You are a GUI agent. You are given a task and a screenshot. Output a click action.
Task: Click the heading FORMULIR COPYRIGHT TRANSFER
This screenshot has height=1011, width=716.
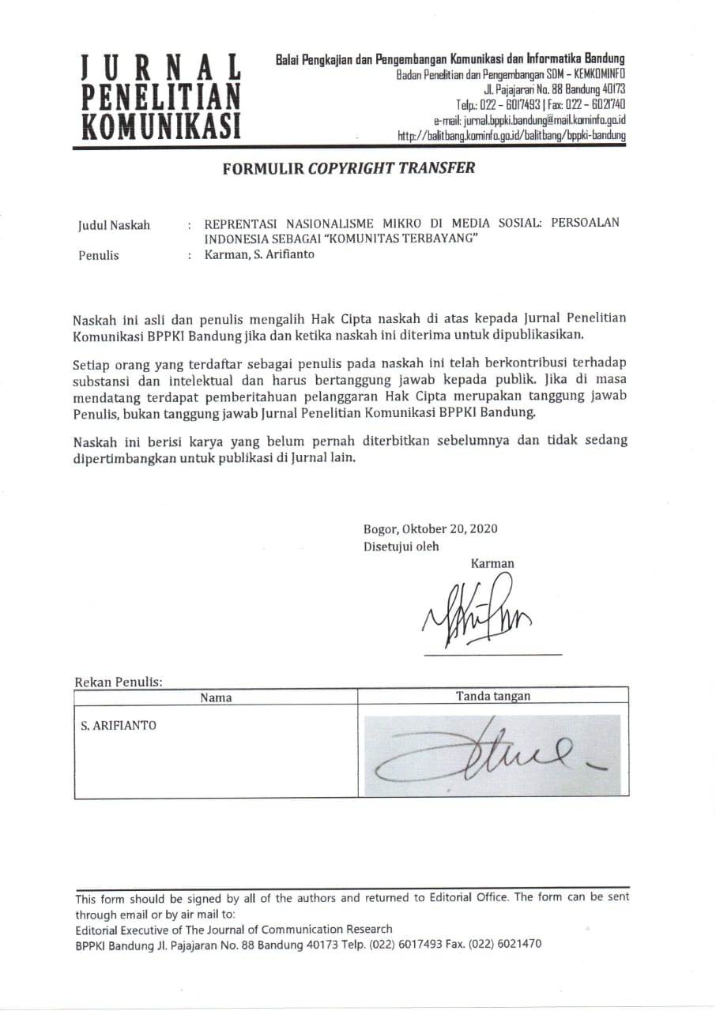(x=349, y=167)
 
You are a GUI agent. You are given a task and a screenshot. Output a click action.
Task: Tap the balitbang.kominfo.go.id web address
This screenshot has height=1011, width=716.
(x=512, y=135)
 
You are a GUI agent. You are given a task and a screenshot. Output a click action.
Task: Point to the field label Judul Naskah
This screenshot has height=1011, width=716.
(x=114, y=225)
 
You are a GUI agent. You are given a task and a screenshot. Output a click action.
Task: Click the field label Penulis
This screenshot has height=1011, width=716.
(x=99, y=255)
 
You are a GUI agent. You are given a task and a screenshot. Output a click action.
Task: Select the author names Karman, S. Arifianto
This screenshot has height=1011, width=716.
(x=259, y=254)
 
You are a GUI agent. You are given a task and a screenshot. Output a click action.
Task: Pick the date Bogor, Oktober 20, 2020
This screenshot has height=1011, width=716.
(x=431, y=529)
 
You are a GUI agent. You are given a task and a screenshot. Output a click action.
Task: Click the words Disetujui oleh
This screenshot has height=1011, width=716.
(x=401, y=546)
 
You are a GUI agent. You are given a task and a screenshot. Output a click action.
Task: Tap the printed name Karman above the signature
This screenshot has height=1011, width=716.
(x=492, y=563)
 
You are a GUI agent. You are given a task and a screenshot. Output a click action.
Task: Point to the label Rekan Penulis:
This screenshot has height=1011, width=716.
(x=119, y=682)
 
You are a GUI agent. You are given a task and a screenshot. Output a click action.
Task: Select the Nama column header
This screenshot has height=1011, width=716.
(x=216, y=697)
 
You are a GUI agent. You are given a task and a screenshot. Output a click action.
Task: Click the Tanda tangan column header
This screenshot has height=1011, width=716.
(x=493, y=696)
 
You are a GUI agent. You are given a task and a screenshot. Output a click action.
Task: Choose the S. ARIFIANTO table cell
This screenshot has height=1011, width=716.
(x=119, y=725)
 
